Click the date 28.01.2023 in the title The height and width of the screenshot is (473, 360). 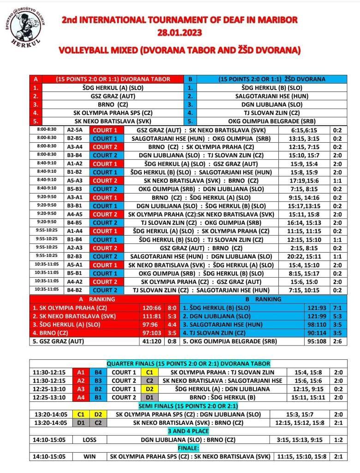tap(180, 33)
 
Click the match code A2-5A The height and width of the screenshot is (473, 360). tap(74, 130)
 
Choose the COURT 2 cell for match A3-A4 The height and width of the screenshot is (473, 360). tap(105, 147)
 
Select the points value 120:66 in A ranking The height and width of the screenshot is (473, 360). tap(152, 308)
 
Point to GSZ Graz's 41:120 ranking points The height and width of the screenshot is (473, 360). tap(152, 342)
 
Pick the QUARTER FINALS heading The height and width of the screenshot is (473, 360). tap(188, 364)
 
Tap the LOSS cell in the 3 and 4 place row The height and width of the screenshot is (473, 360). tap(89, 440)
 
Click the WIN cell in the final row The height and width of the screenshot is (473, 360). tap(89, 456)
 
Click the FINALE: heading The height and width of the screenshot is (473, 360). tap(188, 448)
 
